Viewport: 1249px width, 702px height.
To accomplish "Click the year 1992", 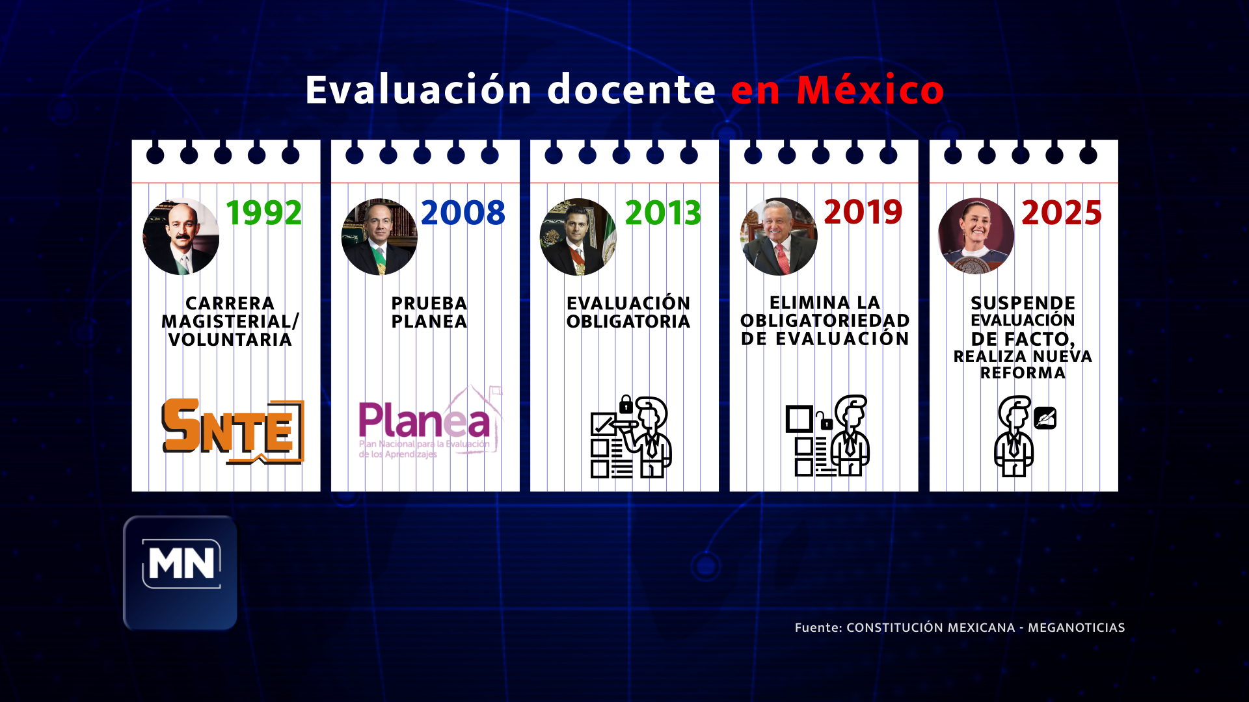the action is pyautogui.click(x=263, y=213).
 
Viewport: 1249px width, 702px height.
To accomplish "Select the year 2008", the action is pyautogui.click(x=463, y=213).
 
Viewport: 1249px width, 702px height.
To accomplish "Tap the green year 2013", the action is pyautogui.click(x=663, y=213).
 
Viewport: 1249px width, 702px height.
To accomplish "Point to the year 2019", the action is pyautogui.click(x=863, y=212).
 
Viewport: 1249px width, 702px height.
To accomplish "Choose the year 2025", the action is pyautogui.click(x=1062, y=213).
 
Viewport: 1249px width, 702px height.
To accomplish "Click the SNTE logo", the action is pyautogui.click(x=233, y=432).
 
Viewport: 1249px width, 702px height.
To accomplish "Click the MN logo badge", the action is pyautogui.click(x=180, y=573).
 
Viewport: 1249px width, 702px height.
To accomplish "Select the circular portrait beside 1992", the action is pyautogui.click(x=181, y=237).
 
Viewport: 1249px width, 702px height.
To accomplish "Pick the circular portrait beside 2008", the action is pyautogui.click(x=379, y=237).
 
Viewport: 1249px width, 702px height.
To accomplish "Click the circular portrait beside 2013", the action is pyautogui.click(x=578, y=237).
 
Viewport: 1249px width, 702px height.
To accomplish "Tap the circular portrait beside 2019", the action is pyautogui.click(x=778, y=237).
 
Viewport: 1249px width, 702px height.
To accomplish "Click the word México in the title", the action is pyautogui.click(x=870, y=90).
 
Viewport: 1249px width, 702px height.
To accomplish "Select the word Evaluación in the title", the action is pyautogui.click(x=420, y=90).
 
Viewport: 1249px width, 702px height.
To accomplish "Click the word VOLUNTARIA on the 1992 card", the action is pyautogui.click(x=230, y=340).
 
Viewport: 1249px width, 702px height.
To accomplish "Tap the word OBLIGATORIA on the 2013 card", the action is pyautogui.click(x=628, y=322).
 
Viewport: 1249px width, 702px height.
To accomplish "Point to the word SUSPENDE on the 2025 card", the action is pyautogui.click(x=1023, y=303).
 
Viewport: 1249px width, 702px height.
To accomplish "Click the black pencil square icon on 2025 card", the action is pyautogui.click(x=1045, y=418).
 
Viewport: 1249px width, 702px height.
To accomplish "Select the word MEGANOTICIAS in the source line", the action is pyautogui.click(x=1077, y=627).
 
